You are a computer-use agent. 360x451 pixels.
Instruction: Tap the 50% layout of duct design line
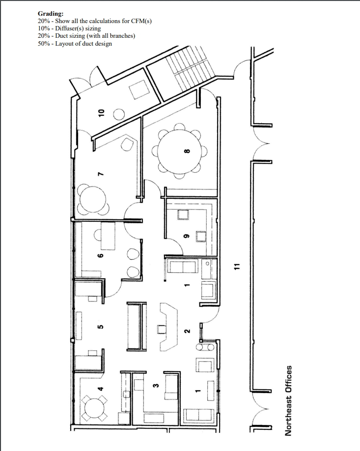point(75,44)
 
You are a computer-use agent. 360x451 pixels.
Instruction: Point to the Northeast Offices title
point(289,399)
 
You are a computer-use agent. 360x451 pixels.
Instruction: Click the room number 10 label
point(102,112)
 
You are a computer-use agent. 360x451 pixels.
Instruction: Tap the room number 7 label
point(101,174)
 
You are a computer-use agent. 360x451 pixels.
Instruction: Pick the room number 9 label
point(186,235)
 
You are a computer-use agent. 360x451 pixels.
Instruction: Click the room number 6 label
point(101,256)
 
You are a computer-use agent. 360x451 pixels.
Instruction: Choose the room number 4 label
point(101,389)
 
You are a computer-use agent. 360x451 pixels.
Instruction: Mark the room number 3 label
point(155,386)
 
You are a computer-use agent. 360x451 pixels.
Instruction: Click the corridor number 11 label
point(236,266)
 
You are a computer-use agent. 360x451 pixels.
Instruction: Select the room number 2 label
point(187,331)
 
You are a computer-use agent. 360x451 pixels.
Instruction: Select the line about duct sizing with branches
point(86,36)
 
